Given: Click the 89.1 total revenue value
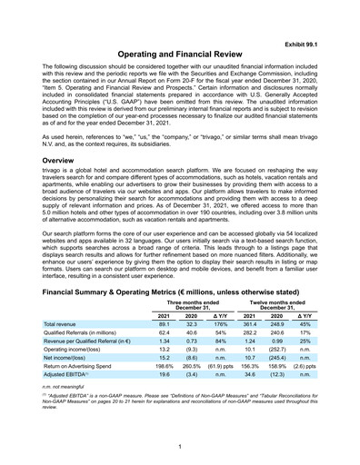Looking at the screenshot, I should tap(165, 323).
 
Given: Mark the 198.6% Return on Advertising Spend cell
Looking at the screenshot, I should tap(165, 363).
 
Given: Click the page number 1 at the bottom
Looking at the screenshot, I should tap(180, 445).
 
